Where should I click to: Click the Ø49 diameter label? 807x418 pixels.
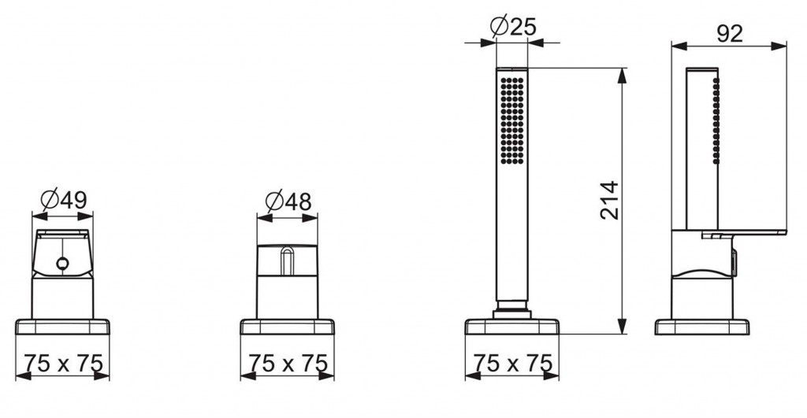63,199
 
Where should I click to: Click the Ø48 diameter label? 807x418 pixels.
288,201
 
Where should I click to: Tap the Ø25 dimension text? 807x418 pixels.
513,26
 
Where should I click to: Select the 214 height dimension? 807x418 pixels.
609,200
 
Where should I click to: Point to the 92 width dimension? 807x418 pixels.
729,34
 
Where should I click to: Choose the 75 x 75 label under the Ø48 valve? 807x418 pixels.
288,363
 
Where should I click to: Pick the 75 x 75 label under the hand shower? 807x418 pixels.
512,363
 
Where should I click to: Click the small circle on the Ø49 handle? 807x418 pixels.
62,264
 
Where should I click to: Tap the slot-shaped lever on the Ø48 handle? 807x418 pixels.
287,261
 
